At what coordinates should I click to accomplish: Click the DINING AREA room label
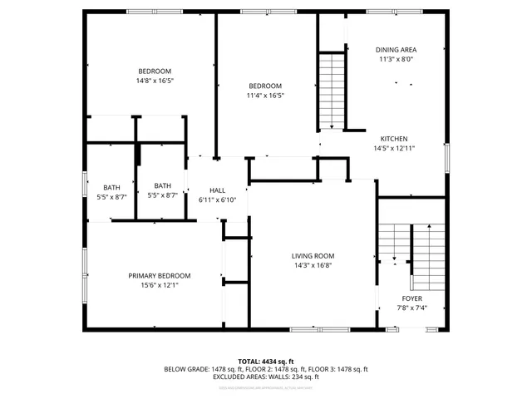396,50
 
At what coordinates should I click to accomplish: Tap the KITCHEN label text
394,139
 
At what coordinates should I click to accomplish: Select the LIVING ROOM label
313,256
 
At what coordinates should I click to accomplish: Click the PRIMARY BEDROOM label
159,276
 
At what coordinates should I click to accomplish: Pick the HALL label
217,190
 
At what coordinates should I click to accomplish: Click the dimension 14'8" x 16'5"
155,81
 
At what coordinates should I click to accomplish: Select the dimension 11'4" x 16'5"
265,96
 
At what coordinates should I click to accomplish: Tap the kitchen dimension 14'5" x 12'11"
394,148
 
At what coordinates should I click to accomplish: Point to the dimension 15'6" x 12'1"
159,285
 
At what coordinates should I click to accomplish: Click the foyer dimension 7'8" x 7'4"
411,308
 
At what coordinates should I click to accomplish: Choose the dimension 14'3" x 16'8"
313,265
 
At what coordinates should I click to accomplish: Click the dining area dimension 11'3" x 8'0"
396,59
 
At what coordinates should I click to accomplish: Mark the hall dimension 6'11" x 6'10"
218,199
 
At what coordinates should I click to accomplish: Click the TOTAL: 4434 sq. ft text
266,362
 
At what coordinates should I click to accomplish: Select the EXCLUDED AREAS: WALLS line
266,377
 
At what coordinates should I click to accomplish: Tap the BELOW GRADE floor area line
266,369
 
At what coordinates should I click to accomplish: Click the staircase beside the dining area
332,90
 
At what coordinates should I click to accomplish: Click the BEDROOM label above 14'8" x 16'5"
155,71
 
